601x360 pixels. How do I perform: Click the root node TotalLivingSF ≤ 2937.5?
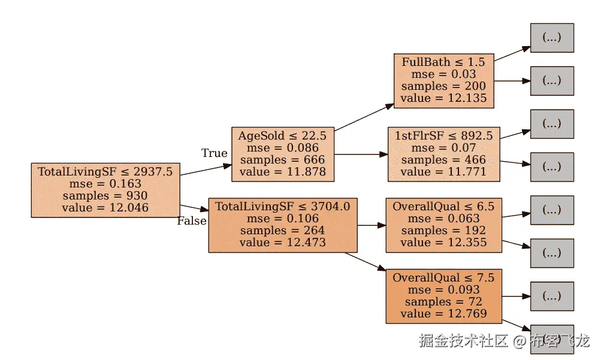[105, 189]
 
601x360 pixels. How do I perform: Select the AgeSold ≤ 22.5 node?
[282, 153]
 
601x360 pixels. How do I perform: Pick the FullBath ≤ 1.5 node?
[443, 80]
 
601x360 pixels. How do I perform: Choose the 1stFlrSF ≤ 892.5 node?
[443, 153]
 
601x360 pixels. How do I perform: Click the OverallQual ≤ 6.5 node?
[443, 224]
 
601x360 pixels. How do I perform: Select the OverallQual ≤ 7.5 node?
[443, 296]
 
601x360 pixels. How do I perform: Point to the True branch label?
[214, 153]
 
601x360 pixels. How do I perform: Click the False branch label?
[192, 221]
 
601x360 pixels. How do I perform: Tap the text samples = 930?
[105, 196]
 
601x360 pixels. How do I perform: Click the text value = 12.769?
[443, 314]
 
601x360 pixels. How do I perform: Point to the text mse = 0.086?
[282, 148]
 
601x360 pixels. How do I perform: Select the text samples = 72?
[443, 302]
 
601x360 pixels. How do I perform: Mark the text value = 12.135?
[443, 98]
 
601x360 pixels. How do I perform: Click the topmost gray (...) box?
[552, 37]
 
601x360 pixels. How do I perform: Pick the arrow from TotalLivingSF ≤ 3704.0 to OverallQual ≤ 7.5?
[365, 262]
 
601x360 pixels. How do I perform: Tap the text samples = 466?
[443, 160]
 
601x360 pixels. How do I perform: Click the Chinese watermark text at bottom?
[503, 341]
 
